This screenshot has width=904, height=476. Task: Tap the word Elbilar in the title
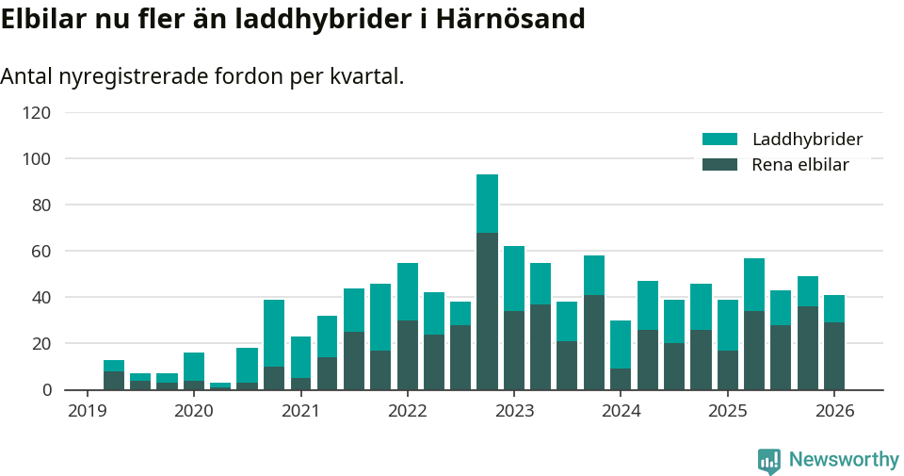pos(43,19)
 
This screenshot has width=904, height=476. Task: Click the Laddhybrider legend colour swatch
pos(719,140)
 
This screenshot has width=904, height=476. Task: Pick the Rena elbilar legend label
pos(799,165)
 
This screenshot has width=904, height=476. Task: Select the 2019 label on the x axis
pos(88,411)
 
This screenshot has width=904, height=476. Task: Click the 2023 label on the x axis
pos(514,411)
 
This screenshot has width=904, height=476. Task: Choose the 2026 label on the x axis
pos(834,411)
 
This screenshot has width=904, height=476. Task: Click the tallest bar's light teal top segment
pos(487,203)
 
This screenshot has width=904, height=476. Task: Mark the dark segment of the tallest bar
pos(487,311)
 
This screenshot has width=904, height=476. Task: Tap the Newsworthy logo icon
pos(769,460)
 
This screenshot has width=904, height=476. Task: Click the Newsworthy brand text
pos(844,460)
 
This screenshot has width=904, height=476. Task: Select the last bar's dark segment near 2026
pos(834,356)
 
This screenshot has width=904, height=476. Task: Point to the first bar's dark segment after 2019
pos(114,381)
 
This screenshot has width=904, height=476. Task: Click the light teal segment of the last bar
pos(834,308)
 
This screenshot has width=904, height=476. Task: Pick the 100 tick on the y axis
pos(37,159)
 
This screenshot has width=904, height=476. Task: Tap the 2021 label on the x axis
pos(300,411)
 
